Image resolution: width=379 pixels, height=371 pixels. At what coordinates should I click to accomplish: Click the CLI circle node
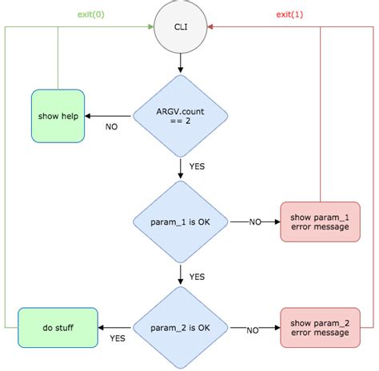tap(181, 26)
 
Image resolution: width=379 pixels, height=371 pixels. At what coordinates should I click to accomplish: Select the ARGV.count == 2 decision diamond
tap(181, 116)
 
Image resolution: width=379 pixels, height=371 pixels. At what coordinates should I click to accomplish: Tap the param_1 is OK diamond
tap(181, 221)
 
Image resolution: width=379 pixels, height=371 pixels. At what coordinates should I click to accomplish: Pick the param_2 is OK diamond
tap(181, 328)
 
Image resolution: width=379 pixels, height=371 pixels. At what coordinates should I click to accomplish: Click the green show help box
tap(58, 117)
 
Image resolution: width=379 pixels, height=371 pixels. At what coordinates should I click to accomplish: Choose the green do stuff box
tap(57, 328)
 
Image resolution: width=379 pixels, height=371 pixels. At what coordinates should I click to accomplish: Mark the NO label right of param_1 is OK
tap(255, 221)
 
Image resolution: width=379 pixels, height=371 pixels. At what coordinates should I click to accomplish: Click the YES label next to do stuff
tap(118, 339)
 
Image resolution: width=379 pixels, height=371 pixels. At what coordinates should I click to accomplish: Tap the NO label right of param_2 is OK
tap(252, 329)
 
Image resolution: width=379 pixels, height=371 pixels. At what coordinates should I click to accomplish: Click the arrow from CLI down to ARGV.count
tap(181, 62)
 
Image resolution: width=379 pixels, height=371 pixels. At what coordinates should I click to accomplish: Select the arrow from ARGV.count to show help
tap(109, 117)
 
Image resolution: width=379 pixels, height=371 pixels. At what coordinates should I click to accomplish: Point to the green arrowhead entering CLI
tap(150, 26)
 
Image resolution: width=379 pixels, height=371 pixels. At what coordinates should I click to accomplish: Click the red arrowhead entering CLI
tap(212, 26)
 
